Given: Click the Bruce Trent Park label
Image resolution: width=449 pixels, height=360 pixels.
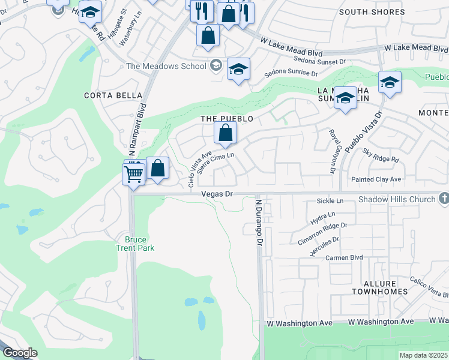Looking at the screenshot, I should tap(135, 244).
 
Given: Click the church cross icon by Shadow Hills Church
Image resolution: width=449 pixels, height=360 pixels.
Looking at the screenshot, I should tap(444, 198).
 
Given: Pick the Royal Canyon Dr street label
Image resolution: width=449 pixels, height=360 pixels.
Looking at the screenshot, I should tap(331, 151).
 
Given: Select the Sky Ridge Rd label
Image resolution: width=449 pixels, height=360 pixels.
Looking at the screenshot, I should tap(381, 155).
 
